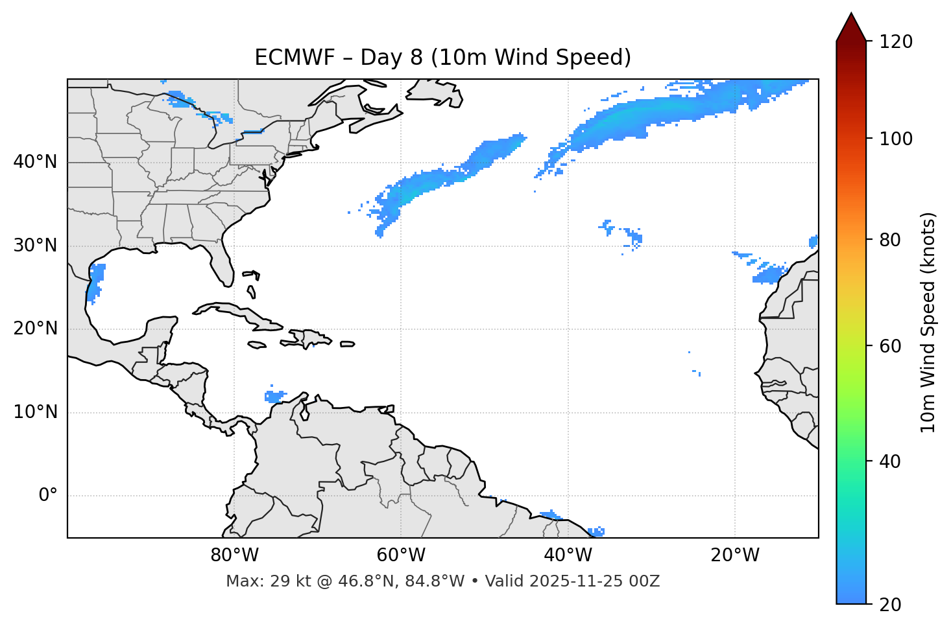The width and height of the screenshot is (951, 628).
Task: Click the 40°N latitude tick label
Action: tap(35, 162)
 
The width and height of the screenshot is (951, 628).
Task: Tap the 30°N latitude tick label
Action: tap(35, 246)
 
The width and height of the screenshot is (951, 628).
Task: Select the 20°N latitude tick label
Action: tap(35, 329)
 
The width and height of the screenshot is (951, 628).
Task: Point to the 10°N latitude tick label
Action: tap(35, 412)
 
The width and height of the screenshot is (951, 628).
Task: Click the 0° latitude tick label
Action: tap(48, 496)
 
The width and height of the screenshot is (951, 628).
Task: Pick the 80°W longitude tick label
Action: tap(234, 555)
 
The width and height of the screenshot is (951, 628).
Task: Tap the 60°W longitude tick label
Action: tap(401, 555)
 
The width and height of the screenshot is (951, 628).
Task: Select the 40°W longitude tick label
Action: tap(568, 555)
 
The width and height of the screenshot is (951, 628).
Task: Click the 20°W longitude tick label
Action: tap(734, 555)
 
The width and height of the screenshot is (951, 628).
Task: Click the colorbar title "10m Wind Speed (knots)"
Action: tap(928, 322)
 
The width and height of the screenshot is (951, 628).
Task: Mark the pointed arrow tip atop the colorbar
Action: tap(851, 16)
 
